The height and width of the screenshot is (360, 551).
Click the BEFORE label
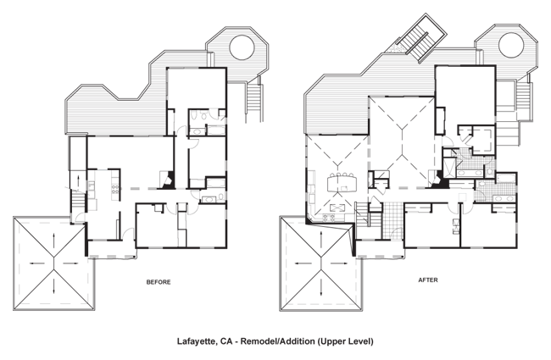pos(159,282)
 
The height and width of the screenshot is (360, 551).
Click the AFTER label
pos(428,280)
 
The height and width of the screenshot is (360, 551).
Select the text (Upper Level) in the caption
pos(345,341)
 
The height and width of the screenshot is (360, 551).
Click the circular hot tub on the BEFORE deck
pos(242,47)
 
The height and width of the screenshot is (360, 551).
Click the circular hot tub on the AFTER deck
pos(511,45)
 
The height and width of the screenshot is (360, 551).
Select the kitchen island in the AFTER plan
pos(342,184)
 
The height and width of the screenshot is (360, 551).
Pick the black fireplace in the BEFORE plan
pos(166,180)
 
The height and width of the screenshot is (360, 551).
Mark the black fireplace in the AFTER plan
pos(437,179)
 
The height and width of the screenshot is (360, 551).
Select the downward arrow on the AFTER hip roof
pos(320,287)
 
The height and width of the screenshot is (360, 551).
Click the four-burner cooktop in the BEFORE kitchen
pos(114,190)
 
